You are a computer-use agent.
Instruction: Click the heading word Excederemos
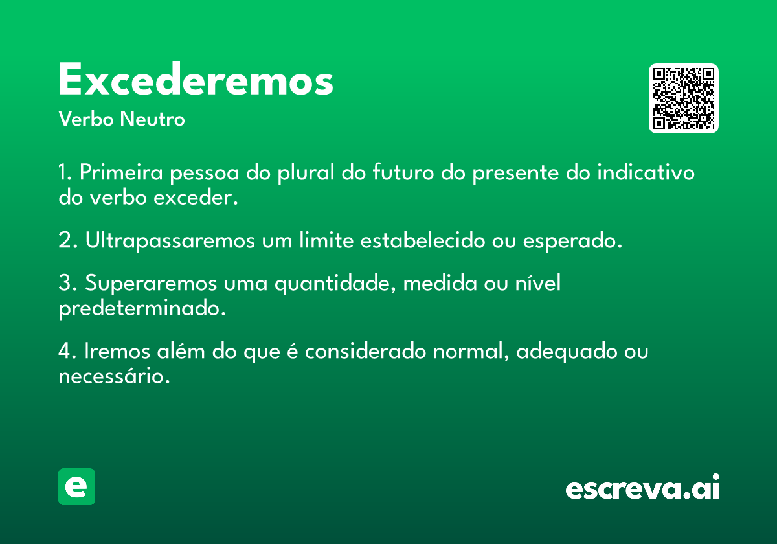point(196,79)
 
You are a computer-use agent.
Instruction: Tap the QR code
point(683,98)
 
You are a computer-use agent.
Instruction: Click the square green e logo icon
point(76,486)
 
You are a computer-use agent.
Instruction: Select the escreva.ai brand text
point(642,487)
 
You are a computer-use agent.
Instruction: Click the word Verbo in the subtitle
point(86,119)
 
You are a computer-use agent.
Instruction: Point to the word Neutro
point(152,119)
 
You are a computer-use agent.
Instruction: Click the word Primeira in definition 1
point(121,172)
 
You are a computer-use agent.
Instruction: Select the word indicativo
point(646,172)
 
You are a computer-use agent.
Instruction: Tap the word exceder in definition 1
point(196,198)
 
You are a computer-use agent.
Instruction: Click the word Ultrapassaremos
point(170,240)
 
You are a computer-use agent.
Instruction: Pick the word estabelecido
point(423,240)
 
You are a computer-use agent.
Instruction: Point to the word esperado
point(572,241)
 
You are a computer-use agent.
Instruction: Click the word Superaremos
point(151,283)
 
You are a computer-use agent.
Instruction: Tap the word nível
point(537,282)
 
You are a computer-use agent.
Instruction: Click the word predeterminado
point(142,308)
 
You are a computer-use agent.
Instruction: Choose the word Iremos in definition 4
point(117,351)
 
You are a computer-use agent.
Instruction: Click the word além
point(181,350)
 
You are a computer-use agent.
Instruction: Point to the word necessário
point(114,376)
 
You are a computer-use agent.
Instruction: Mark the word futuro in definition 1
point(403,172)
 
